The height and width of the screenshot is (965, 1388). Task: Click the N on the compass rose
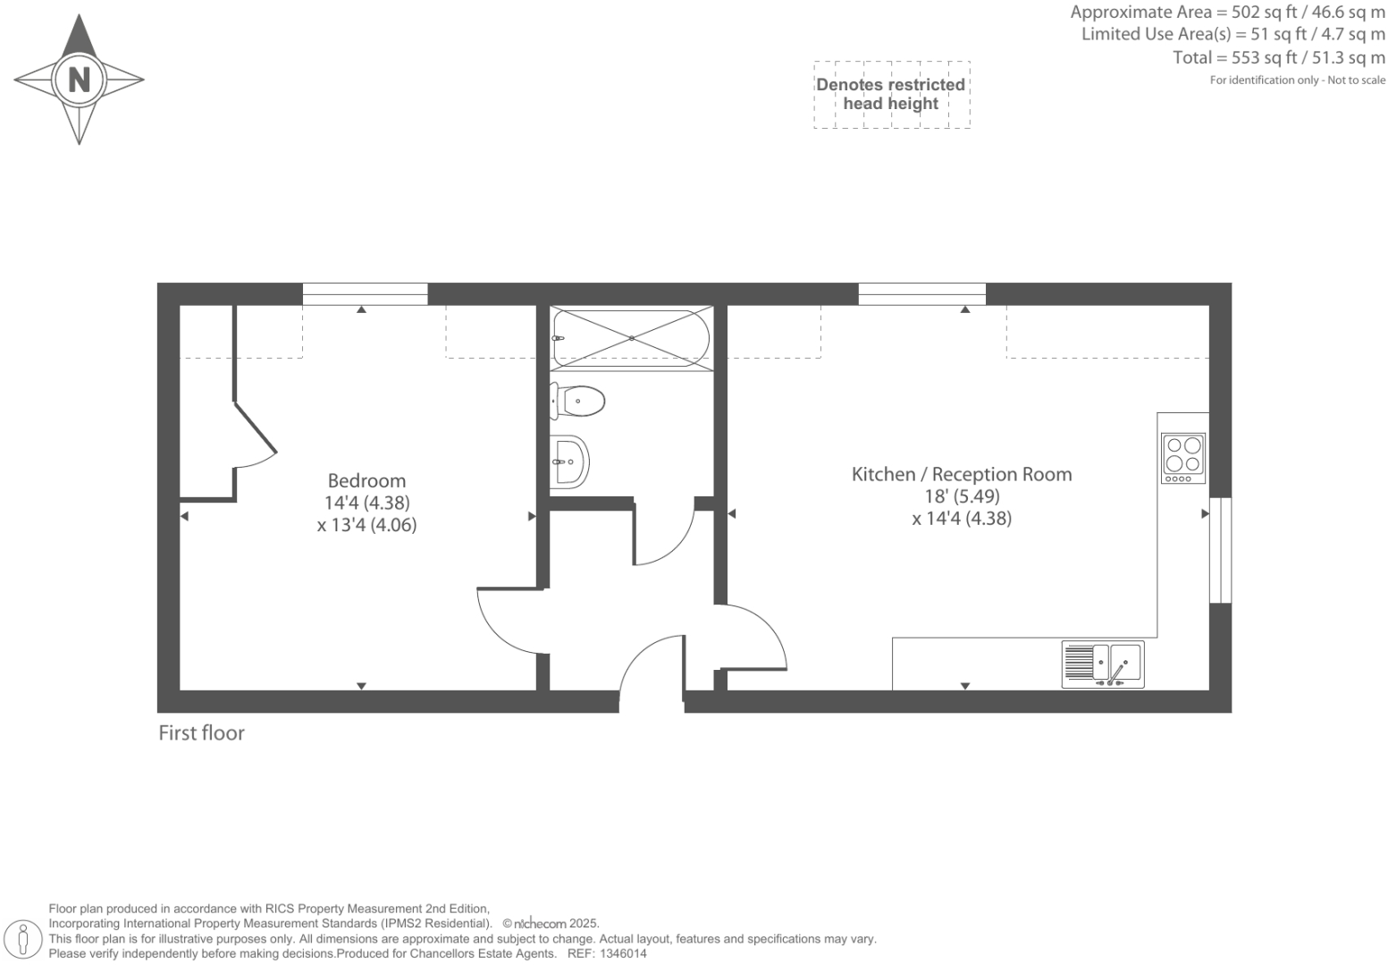79,80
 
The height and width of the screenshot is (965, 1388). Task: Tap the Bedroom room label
366,481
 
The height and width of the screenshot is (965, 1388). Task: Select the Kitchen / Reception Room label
961,475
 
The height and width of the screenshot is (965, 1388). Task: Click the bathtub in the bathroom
631,338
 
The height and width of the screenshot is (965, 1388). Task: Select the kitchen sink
1103,664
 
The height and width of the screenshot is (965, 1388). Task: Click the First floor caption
201,733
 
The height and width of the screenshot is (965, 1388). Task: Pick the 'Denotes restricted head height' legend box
891,95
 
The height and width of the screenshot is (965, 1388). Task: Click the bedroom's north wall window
365,293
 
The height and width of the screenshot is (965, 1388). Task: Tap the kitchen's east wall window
1220,550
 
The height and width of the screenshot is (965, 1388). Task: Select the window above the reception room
921,293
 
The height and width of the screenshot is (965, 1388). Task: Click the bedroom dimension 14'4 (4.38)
366,504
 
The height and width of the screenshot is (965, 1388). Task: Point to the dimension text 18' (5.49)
962,496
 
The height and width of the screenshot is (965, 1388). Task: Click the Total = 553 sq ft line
1278,58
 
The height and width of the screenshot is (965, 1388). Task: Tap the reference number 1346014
622,954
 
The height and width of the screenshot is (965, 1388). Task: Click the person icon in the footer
24,940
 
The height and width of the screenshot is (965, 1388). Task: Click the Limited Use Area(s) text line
1232,35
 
